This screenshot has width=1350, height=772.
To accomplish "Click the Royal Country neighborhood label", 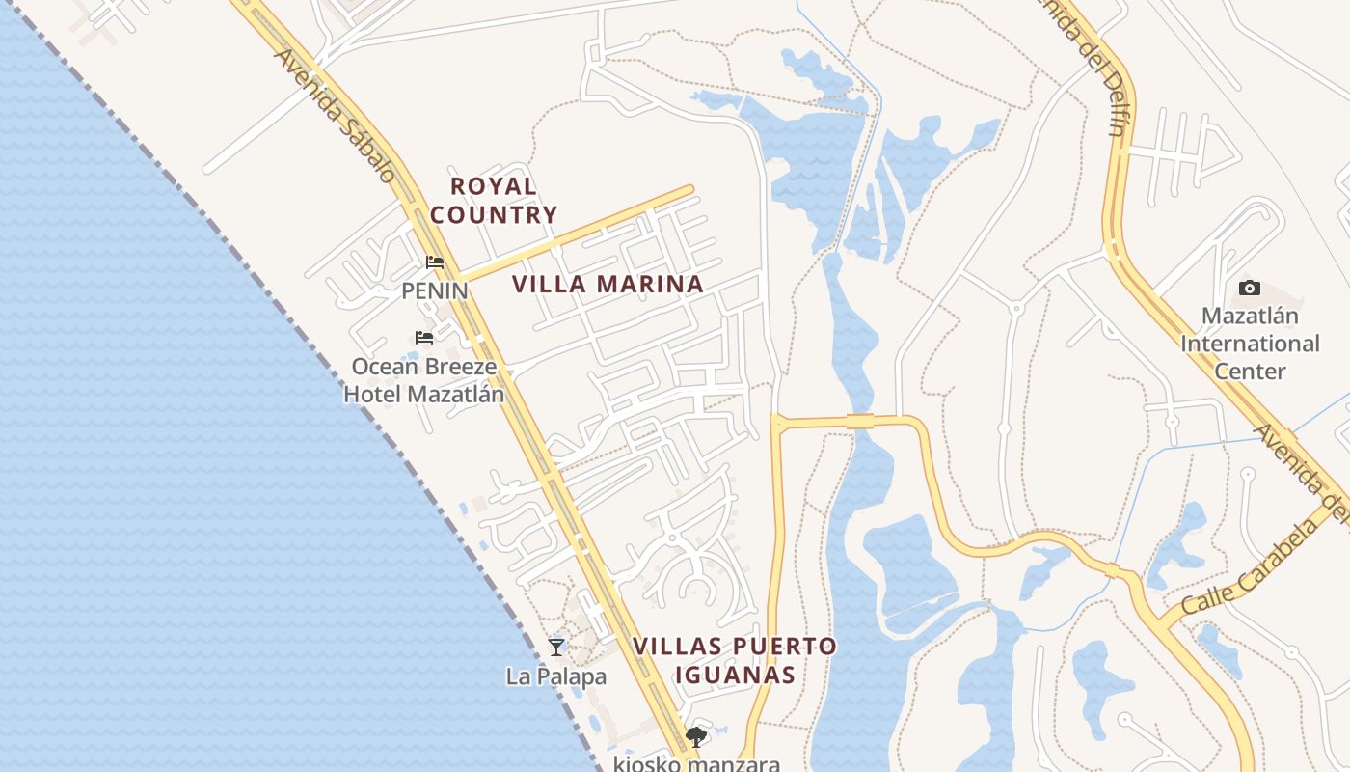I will [x=494, y=200].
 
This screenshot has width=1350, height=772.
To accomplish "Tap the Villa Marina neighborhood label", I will [x=607, y=284].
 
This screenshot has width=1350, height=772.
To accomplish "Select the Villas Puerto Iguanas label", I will [x=735, y=660].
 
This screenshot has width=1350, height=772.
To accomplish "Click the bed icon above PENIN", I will [x=435, y=262].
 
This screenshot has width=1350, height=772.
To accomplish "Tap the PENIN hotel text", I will [x=434, y=290].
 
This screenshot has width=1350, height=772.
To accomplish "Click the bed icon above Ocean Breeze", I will [x=423, y=338].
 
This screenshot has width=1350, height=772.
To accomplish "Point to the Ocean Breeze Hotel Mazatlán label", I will [x=424, y=380].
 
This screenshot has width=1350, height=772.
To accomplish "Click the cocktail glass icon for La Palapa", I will [x=556, y=647].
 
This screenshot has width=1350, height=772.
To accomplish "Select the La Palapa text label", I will [x=556, y=676].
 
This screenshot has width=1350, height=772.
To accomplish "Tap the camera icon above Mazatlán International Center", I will [x=1249, y=288].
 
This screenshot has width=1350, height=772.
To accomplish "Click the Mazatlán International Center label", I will [x=1250, y=344].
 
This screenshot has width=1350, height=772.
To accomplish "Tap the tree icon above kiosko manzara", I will [x=695, y=738].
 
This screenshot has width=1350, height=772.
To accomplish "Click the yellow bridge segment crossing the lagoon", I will [x=859, y=421].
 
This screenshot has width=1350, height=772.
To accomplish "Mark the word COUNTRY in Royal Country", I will [x=494, y=214].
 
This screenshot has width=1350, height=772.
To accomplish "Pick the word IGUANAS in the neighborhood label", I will [x=735, y=675].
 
